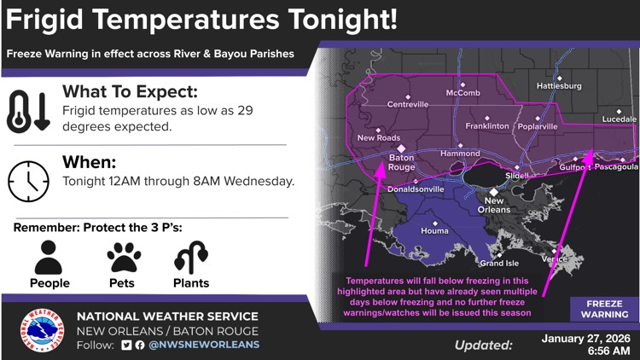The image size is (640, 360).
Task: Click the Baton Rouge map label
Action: (x=401, y=162)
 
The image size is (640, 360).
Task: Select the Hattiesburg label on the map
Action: (x=559, y=86)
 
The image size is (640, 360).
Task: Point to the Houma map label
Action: (x=435, y=231)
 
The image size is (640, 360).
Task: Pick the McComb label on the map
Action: (x=463, y=93)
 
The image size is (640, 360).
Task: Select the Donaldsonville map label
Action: (x=416, y=189)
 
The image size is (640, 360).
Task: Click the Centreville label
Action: (x=408, y=104)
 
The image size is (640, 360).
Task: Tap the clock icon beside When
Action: (x=29, y=179)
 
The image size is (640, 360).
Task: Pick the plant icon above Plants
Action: (x=189, y=257)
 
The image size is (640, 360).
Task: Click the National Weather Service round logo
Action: (x=42, y=330)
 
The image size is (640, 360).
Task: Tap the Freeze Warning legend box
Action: (x=604, y=308)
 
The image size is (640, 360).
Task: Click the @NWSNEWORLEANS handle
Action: (x=204, y=345)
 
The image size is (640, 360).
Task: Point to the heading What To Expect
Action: (x=130, y=91)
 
